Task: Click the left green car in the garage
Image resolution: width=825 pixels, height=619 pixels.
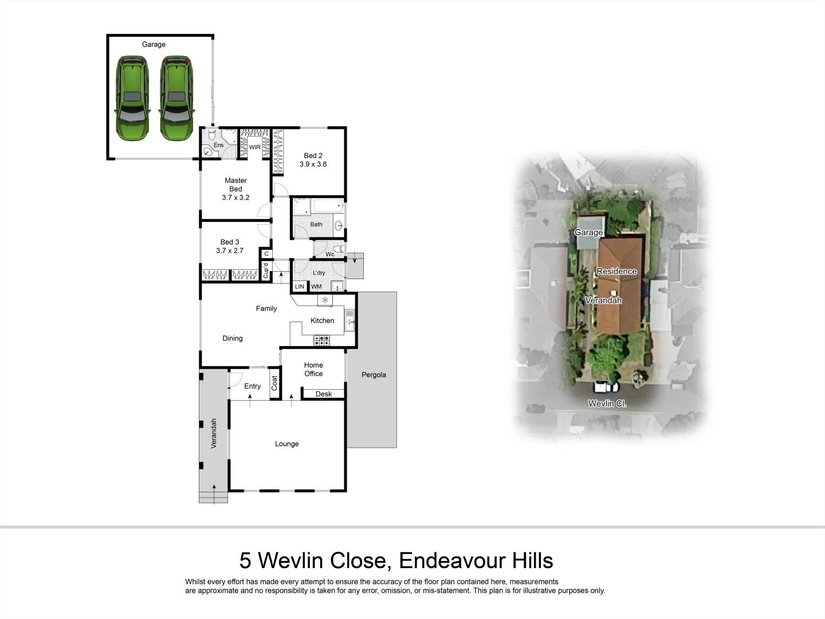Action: click(132, 98)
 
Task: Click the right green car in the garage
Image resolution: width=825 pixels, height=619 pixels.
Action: click(176, 98)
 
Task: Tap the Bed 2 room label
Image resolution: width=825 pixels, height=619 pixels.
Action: click(313, 155)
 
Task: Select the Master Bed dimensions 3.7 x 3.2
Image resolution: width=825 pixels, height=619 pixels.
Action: click(235, 198)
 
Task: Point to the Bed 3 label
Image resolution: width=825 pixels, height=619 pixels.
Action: click(230, 242)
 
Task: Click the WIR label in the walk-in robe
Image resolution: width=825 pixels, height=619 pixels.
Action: click(254, 147)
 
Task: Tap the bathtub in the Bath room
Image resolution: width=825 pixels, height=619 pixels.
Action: click(327, 206)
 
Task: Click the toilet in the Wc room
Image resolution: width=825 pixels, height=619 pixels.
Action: click(338, 249)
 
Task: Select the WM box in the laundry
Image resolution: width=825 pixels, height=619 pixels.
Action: click(316, 287)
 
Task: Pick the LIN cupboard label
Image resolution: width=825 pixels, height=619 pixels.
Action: click(299, 287)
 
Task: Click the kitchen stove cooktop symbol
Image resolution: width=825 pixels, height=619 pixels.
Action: click(321, 340)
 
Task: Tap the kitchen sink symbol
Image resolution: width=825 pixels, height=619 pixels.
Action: click(349, 321)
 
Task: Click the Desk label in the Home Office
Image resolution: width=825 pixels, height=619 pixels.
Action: click(323, 394)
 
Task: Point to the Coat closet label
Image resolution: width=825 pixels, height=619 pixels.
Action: click(274, 383)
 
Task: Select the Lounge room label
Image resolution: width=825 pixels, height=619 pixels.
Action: click(286, 444)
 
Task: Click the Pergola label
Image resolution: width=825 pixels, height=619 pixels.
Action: click(374, 375)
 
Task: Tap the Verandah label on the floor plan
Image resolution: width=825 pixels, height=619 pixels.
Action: click(214, 433)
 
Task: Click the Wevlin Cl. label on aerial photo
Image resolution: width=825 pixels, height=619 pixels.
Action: click(607, 403)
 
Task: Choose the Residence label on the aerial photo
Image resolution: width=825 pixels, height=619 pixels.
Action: click(616, 271)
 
